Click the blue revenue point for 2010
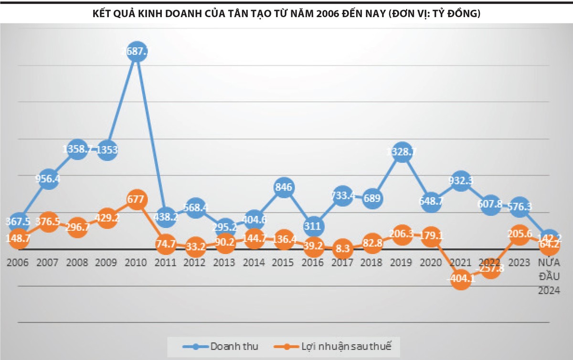137,52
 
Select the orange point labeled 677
137,199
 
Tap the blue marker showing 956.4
48,179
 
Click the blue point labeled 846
283,186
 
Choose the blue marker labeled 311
313,226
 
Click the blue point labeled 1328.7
402,152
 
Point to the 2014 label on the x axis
254,263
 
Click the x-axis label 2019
402,263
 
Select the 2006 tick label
18,263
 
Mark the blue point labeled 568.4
195,208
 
